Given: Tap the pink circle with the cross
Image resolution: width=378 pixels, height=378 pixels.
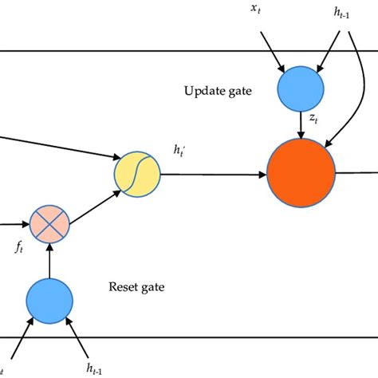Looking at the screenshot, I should (x=49, y=223).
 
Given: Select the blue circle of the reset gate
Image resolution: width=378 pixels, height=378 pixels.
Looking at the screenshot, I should (x=50, y=300).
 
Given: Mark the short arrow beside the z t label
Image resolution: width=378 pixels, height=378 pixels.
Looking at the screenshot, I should (x=299, y=124).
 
